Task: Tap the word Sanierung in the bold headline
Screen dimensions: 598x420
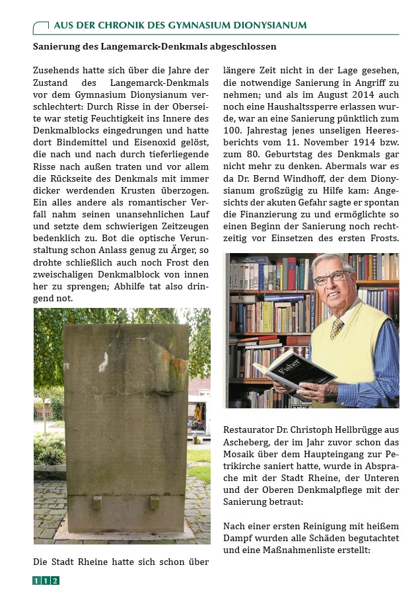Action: [58, 47]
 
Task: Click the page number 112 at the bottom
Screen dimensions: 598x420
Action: [46, 581]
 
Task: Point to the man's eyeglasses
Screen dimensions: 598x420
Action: [333, 277]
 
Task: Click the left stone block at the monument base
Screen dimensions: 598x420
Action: [97, 502]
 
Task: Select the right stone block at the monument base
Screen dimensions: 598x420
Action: [155, 502]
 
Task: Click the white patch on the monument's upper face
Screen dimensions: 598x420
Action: [103, 361]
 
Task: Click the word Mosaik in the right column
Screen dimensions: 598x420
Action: [241, 455]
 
